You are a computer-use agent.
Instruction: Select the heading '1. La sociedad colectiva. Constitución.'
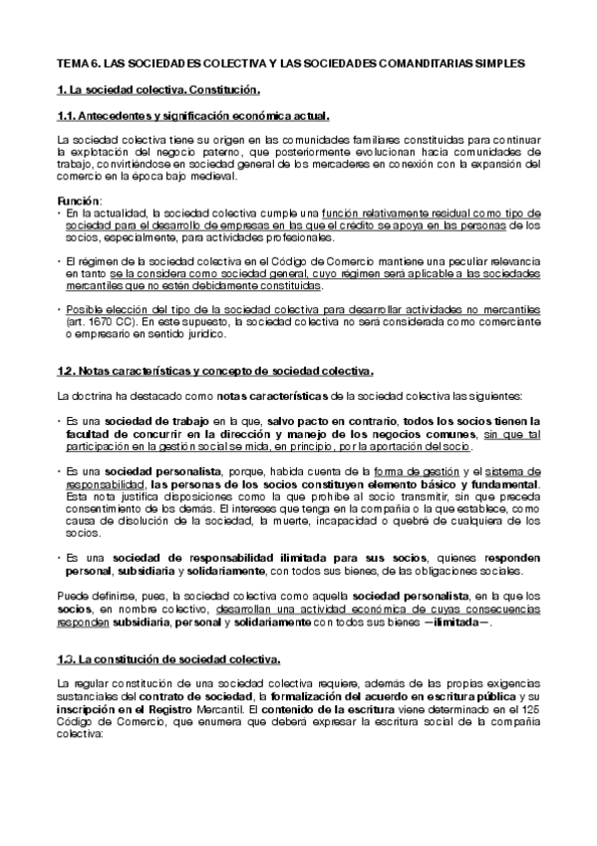pyautogui.click(x=158, y=89)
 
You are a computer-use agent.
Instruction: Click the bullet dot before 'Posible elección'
pyautogui.click(x=59, y=309)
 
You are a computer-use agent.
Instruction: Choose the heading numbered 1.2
pyautogui.click(x=216, y=371)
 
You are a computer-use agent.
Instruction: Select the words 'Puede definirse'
pyautogui.click(x=92, y=595)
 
